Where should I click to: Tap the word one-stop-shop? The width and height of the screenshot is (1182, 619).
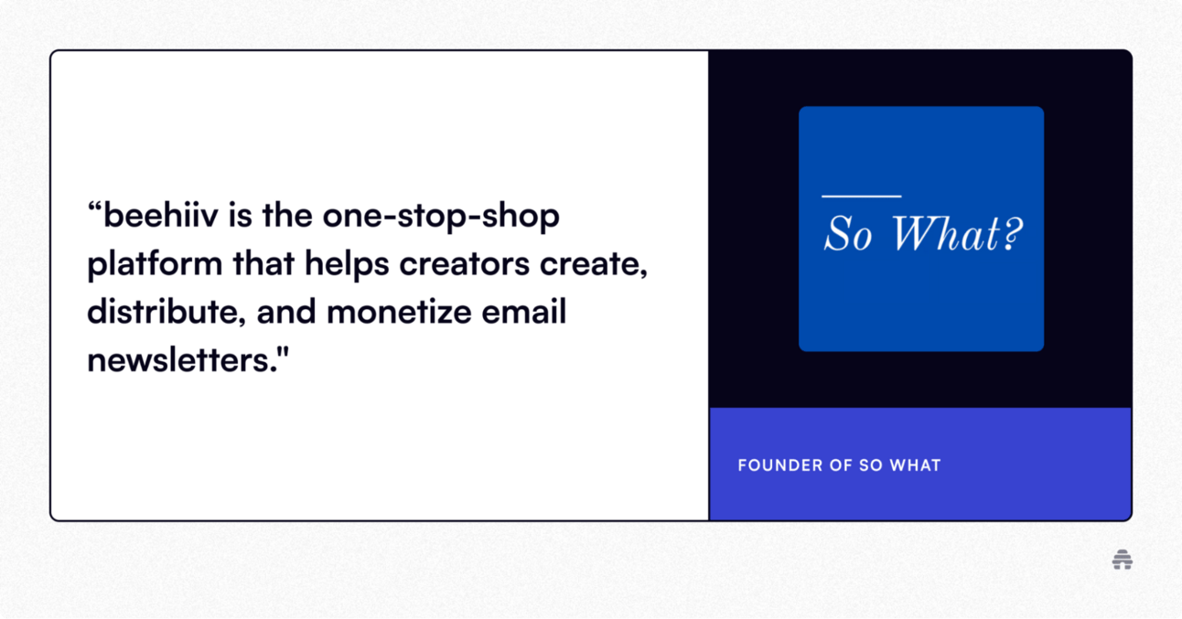(441, 218)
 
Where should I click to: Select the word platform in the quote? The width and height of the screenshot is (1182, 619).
(155, 263)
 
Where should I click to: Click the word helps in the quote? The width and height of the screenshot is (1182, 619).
(347, 264)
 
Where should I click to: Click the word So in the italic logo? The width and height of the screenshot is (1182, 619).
(848, 234)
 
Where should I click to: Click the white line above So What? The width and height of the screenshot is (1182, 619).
(861, 197)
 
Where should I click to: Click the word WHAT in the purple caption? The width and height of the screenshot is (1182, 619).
(915, 465)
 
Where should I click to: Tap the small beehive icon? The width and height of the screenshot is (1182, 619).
(1122, 560)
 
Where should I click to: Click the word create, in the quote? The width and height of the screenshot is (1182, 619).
(593, 264)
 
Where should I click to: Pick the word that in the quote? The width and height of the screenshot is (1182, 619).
(263, 263)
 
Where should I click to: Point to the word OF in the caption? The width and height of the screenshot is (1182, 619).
(839, 465)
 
